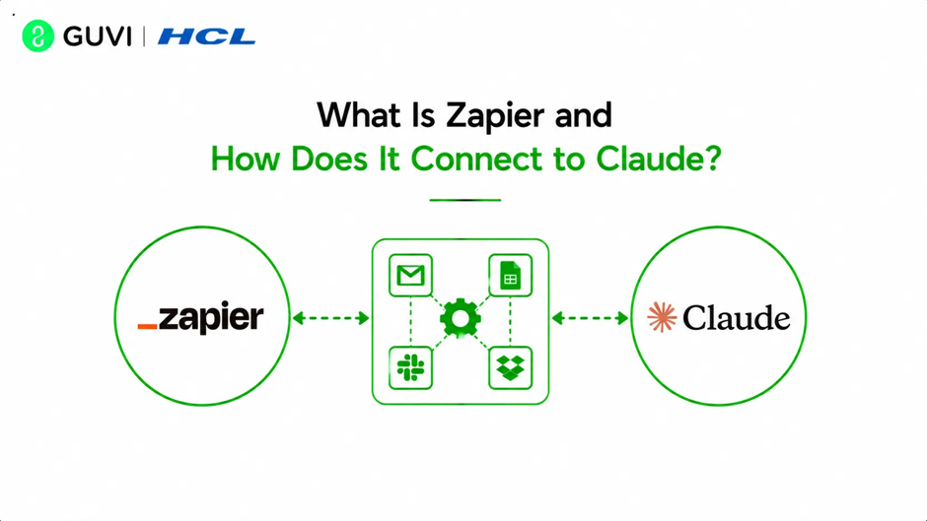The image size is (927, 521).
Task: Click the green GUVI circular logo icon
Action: (37, 36)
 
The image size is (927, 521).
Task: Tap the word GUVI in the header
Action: (98, 36)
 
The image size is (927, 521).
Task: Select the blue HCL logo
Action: (206, 36)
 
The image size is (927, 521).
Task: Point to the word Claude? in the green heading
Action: (659, 159)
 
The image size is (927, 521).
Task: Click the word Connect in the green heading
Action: (476, 159)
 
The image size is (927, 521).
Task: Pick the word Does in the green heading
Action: (329, 159)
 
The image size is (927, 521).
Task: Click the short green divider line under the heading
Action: (465, 200)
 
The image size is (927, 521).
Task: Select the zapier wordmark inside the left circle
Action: (210, 319)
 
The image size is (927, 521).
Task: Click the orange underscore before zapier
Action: (147, 325)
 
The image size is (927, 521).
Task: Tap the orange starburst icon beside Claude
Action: (662, 317)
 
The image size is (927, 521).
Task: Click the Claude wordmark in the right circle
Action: (736, 318)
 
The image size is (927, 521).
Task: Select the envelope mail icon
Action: (411, 275)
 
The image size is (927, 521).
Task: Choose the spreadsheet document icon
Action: (510, 275)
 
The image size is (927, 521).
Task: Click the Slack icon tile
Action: (411, 368)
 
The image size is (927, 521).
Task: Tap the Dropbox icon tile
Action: (510, 368)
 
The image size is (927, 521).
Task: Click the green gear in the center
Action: (461, 319)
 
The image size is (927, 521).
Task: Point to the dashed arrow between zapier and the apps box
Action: (331, 318)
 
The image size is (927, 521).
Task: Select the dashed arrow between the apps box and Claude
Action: (590, 318)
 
